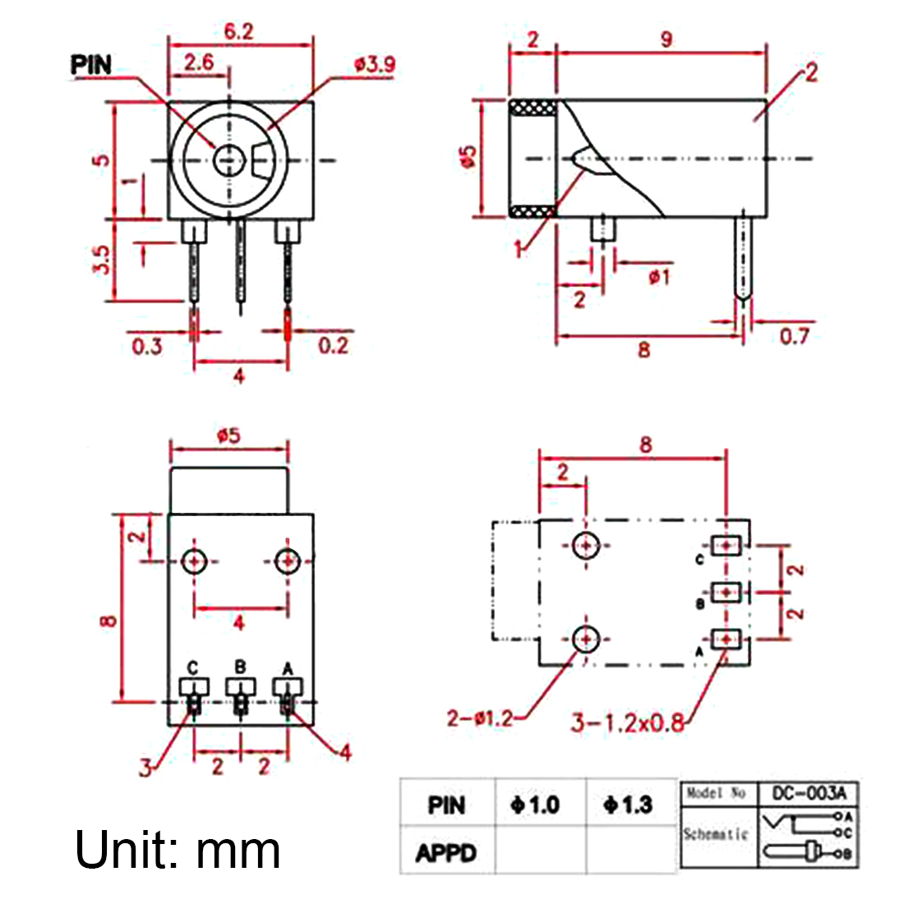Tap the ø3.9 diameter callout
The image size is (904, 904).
374,65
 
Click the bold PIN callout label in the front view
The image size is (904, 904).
91,65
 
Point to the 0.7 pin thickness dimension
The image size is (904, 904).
793,336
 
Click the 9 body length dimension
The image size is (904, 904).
666,39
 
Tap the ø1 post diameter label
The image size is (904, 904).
659,277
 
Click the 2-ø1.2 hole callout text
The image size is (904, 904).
480,718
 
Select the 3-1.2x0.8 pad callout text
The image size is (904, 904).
628,722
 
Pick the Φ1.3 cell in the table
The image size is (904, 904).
628,805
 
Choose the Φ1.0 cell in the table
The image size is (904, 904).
535,805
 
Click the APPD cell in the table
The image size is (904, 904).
446,853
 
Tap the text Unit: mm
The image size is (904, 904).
178,850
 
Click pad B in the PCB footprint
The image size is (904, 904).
726,592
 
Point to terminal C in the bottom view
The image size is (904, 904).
193,685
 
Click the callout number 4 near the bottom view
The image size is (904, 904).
345,752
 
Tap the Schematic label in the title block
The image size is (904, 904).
716,834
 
